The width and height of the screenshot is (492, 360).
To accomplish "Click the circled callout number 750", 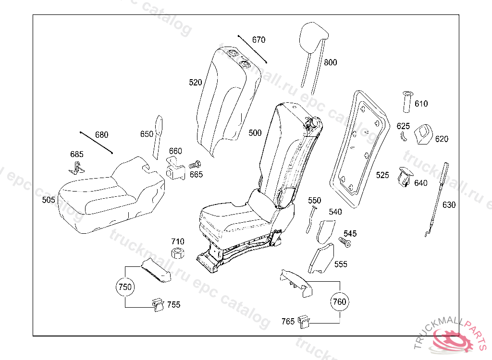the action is coord(125,287).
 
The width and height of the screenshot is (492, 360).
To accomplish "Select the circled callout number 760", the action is coord(340,301).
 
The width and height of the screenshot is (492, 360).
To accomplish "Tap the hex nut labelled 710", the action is coord(177,253).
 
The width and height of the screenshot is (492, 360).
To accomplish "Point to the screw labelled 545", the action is coord(344,242).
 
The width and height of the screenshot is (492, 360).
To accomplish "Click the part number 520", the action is coord(195,83).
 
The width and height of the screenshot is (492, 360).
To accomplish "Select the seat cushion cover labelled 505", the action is coord(111,195).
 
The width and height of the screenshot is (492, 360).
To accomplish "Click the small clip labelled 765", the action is coord(304,322).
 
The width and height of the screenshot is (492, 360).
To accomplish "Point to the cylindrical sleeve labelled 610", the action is coord(407,102).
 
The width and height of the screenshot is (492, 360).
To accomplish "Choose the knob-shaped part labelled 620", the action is coord(424,134).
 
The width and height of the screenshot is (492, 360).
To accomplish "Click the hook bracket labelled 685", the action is coord(76,168).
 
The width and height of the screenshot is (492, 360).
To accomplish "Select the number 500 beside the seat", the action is coord(255,133).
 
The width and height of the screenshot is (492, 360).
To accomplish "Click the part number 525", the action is coord(382,175).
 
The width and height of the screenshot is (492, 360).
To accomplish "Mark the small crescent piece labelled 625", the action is coord(404,136).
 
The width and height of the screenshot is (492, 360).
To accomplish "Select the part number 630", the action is coord(449,205).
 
